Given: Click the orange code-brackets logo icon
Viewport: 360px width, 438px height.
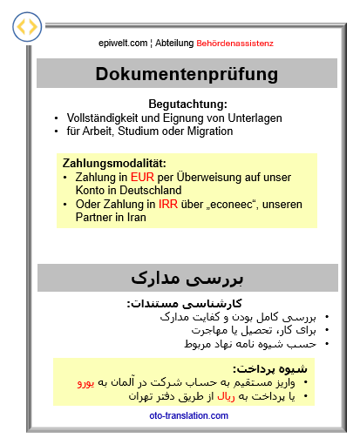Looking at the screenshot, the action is pyautogui.click(x=27, y=27).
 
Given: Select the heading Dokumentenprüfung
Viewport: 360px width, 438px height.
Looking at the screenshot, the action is pyautogui.click(x=187, y=73).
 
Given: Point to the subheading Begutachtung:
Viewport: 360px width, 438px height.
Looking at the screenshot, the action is pyautogui.click(x=187, y=104).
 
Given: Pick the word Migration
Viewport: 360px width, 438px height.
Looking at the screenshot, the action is pyautogui.click(x=205, y=131).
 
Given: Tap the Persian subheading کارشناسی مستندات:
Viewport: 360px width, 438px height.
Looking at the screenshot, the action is pyautogui.click(x=188, y=304).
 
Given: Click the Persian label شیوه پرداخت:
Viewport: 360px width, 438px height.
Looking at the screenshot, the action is pyautogui.click(x=267, y=368).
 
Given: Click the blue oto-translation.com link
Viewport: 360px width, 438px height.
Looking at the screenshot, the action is pyautogui.click(x=187, y=415).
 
